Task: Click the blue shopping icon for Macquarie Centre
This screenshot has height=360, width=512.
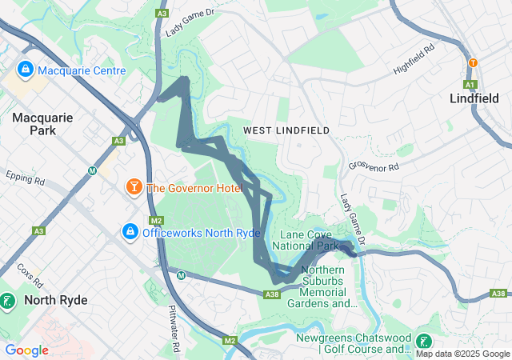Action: tap(26, 70)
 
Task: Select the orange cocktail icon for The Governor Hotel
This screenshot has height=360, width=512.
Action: tap(133, 188)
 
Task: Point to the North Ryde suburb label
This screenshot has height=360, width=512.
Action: tap(55, 300)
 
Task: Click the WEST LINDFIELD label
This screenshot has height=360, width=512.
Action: tap(286, 130)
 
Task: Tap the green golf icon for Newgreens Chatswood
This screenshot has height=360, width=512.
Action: tap(422, 341)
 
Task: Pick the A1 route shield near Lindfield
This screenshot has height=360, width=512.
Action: tap(470, 84)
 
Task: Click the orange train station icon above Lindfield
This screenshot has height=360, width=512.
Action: tap(473, 62)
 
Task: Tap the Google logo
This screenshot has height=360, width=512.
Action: tap(26, 350)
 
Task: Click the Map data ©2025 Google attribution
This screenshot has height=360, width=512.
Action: tap(462, 354)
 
